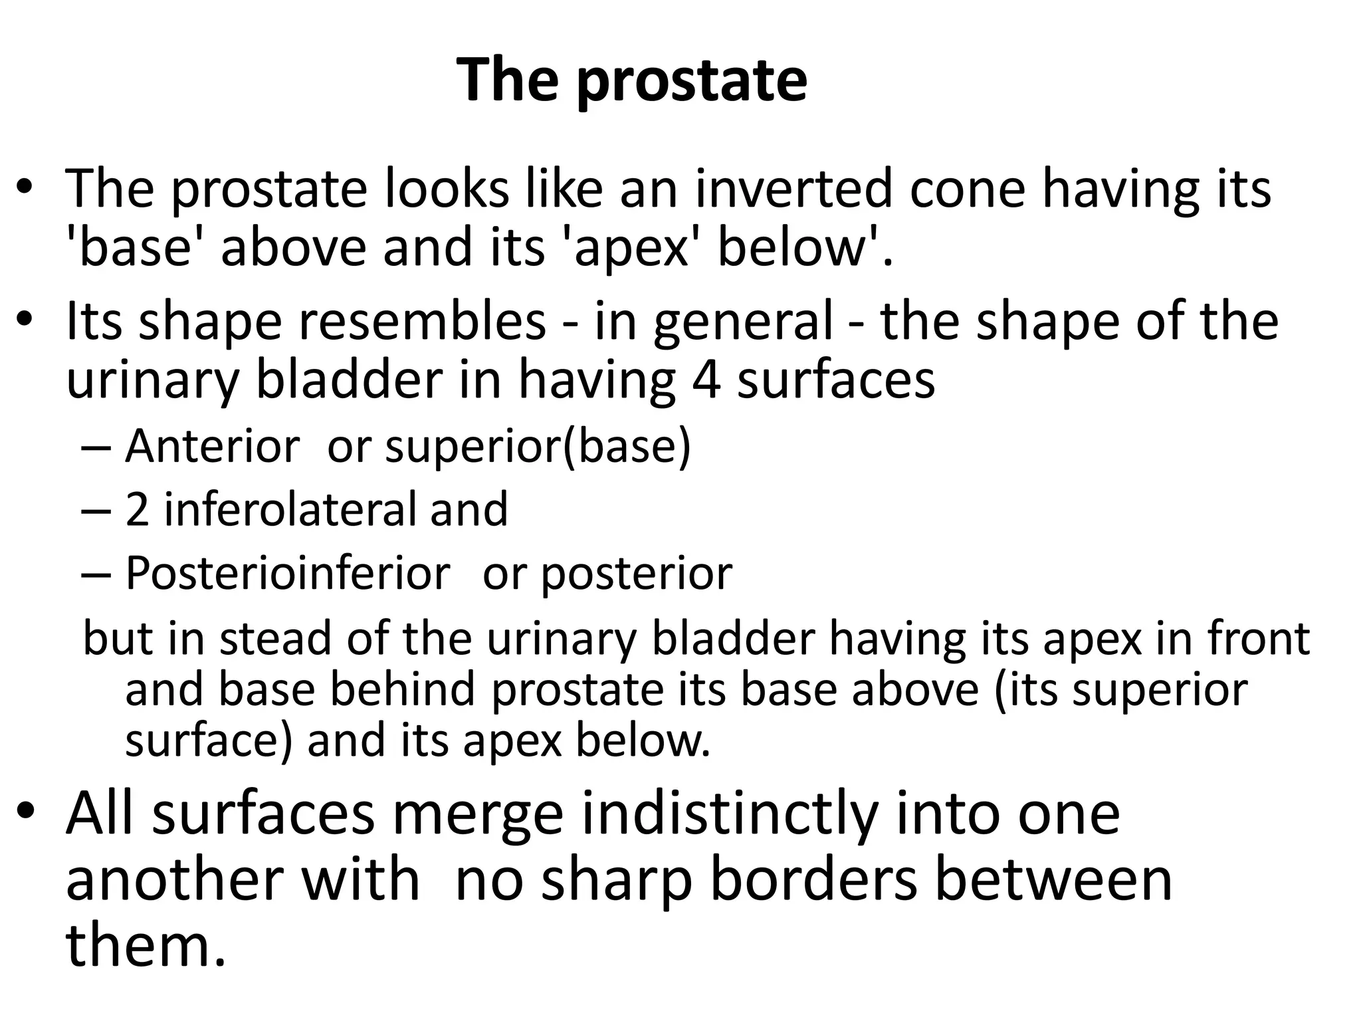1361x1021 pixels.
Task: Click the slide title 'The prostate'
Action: [632, 81]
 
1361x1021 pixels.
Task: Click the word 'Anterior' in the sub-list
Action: [212, 446]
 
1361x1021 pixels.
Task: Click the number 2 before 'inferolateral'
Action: [138, 510]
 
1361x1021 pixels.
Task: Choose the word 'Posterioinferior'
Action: [288, 573]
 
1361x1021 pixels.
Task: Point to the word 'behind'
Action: [403, 689]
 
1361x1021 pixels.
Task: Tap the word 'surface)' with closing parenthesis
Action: [208, 740]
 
